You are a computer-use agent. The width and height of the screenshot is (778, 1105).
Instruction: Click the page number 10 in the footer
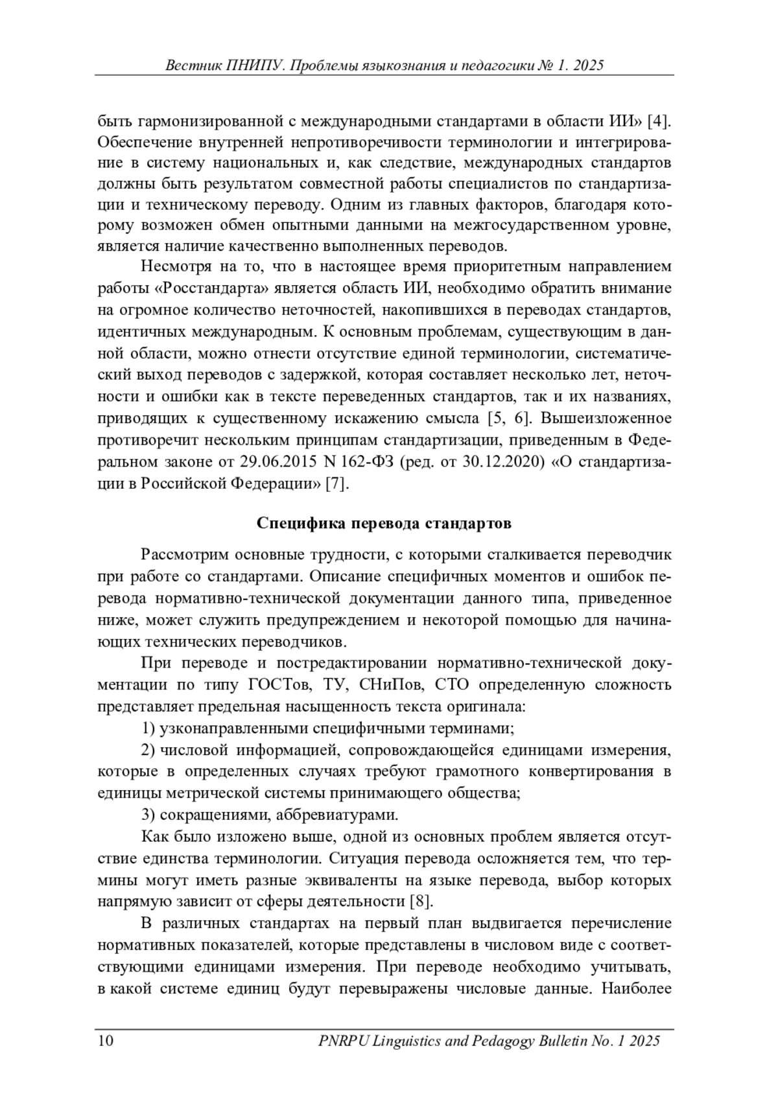click(106, 1041)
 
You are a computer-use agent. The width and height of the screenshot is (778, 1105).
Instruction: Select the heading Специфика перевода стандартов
click(384, 523)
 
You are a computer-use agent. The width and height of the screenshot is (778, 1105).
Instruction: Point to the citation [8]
click(421, 901)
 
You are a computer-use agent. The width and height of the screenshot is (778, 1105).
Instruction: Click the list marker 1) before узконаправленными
click(148, 728)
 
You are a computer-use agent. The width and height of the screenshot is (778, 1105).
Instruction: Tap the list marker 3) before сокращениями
click(148, 815)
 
